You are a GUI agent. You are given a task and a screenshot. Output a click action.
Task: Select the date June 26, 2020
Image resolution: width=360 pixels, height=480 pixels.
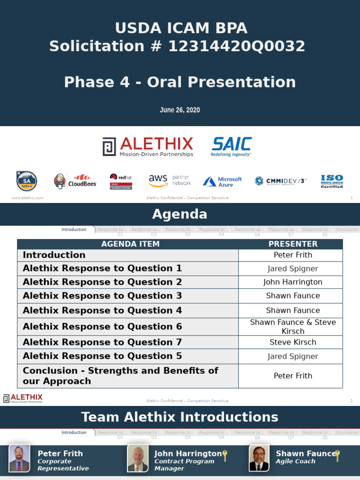coord(180,110)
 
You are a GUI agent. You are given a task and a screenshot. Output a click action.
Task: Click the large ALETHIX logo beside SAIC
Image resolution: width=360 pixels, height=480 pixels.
coord(148,147)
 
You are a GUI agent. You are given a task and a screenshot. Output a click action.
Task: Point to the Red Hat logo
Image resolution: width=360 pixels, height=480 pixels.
coord(121,181)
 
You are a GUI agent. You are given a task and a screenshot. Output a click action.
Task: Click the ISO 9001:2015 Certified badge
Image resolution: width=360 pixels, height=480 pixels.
coord(331,181)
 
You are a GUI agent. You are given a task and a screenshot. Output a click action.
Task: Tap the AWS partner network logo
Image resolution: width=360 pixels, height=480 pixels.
coord(169,180)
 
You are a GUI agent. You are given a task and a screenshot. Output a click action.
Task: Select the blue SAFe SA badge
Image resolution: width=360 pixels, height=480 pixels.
coord(26,181)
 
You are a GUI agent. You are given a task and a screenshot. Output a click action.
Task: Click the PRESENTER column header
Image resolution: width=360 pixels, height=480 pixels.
coord(292,244)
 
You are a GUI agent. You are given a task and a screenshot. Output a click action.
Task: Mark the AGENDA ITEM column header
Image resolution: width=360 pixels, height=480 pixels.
coord(130,244)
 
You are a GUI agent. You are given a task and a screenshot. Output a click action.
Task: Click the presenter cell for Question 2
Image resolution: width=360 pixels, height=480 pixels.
coord(292,282)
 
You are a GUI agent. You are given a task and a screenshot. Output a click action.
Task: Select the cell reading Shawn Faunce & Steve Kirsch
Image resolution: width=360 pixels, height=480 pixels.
coord(292,326)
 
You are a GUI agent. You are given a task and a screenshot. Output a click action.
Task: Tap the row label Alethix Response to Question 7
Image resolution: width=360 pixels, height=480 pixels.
coord(102,342)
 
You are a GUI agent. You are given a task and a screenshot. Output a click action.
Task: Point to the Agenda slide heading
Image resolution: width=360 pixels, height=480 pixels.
coord(180,215)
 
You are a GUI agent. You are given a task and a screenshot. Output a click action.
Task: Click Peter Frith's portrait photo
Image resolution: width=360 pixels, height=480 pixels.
coord(19,458)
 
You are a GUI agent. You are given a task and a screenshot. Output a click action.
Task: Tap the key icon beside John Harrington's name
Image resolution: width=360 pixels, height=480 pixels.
coord(225,455)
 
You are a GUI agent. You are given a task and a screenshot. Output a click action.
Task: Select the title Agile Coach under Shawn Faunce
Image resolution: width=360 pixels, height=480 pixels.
coord(295,461)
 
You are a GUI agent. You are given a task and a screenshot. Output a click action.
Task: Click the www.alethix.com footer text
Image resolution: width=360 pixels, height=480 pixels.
coord(27,198)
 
